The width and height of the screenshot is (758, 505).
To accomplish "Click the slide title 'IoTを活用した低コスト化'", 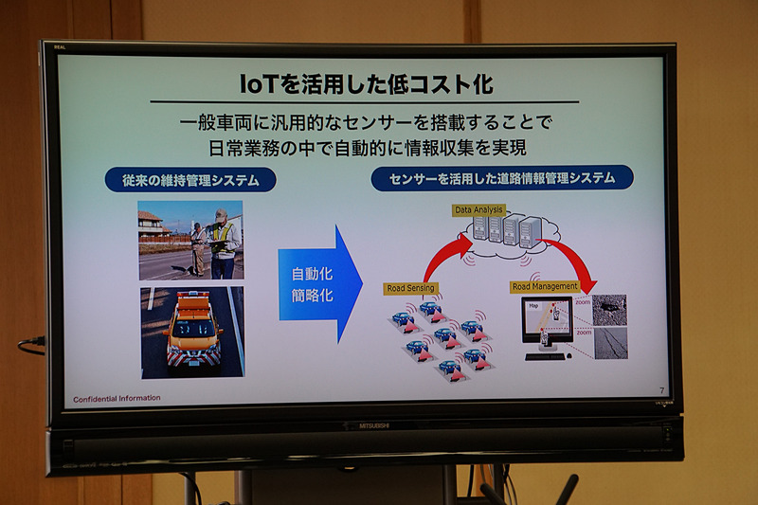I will [365, 82].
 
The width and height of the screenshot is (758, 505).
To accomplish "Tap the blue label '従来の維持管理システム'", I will [190, 179].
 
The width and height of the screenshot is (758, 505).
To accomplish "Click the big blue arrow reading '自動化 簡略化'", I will [320, 283].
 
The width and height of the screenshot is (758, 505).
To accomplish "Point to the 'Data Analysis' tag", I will [478, 209].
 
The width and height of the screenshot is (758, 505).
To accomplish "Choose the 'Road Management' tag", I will [544, 286].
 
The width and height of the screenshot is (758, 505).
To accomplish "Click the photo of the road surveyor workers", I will [189, 240].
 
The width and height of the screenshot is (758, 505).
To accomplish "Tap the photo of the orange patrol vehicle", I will [191, 333].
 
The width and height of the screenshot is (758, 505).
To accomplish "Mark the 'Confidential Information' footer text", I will [117, 398].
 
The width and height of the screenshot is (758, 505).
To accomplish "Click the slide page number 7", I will [661, 390].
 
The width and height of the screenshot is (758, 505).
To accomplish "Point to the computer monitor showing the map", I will [547, 322].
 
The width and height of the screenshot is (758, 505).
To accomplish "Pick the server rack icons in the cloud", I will [507, 230].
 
